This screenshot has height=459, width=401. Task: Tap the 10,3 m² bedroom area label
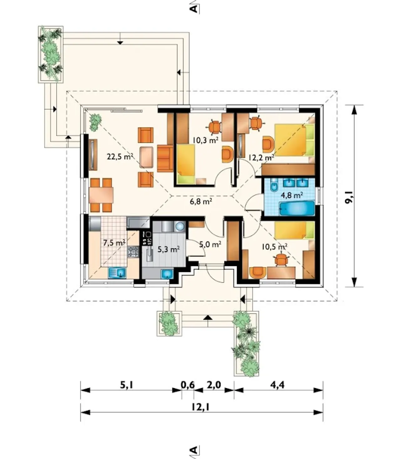pos(206,140)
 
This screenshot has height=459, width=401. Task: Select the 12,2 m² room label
pos(261,158)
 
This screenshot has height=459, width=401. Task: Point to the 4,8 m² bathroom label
pos(292,195)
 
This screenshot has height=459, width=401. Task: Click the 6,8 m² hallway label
pos(201,201)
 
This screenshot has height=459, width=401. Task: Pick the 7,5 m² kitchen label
pos(114,243)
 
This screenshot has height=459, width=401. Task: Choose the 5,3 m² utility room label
pos(169,249)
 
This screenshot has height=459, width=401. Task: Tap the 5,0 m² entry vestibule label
pos(211,244)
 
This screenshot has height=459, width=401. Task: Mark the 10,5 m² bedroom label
pos(275,247)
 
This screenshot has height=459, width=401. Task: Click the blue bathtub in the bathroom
pos(297,208)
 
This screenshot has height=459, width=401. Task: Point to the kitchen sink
pos(117,273)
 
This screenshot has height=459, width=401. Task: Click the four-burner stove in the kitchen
pos(133,252)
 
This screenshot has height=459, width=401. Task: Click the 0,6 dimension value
pos(188,385)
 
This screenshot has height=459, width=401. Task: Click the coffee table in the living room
pos(146,157)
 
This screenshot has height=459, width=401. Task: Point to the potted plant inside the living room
pos(96,122)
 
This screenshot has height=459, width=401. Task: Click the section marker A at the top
pos(194,8)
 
